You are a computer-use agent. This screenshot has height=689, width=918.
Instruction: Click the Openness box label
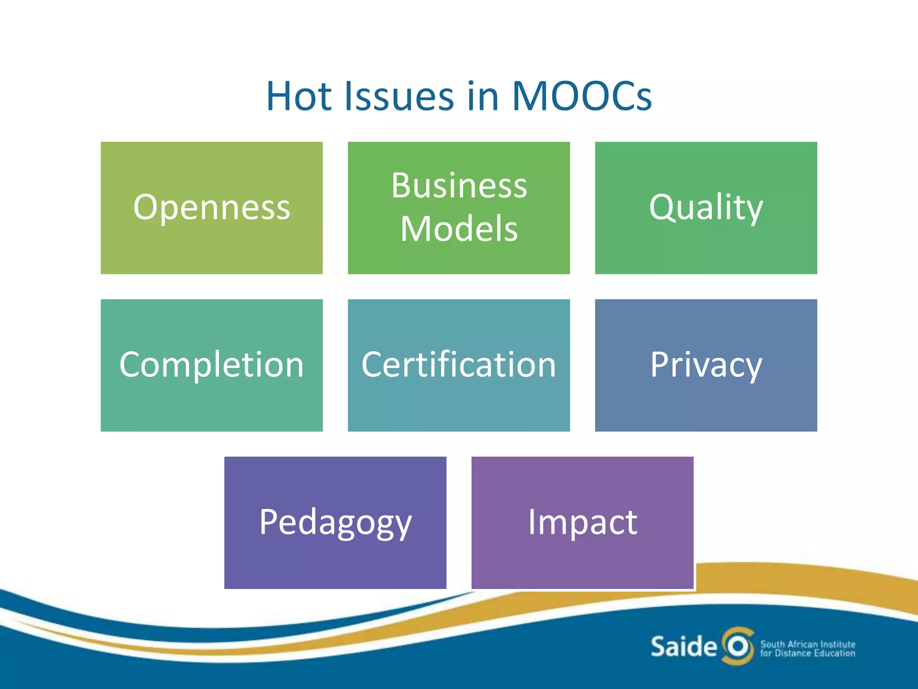[x=212, y=207]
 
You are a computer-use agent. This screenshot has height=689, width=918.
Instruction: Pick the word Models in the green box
[x=459, y=229]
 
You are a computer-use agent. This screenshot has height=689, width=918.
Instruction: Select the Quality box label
[x=706, y=207]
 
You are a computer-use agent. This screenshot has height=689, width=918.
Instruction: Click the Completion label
[x=212, y=364]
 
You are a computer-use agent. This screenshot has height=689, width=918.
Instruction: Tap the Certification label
[x=459, y=364]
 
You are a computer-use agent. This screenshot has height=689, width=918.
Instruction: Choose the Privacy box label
[x=706, y=364]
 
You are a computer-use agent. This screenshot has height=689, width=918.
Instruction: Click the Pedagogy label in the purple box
[x=335, y=522]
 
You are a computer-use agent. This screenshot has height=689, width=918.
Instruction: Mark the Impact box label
[x=582, y=522]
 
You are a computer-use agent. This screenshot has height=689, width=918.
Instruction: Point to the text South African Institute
[x=807, y=644]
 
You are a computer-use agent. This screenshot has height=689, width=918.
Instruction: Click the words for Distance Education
[x=807, y=653]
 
